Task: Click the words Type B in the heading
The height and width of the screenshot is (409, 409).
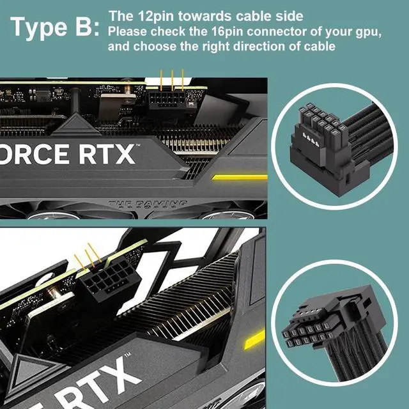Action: tap(55, 27)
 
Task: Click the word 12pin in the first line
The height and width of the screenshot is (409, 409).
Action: tap(156, 16)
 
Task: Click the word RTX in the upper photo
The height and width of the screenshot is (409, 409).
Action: tap(107, 154)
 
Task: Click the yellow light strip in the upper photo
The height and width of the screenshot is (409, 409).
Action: tap(240, 178)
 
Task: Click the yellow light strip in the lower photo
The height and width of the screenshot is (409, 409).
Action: tap(254, 340)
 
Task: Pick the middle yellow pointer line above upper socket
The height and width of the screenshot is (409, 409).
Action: tap(172, 81)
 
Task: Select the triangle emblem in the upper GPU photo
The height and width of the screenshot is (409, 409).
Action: tap(76, 125)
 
